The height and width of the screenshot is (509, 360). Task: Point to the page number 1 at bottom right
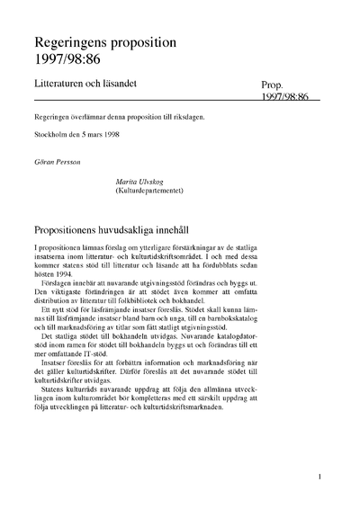point(320,478)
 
